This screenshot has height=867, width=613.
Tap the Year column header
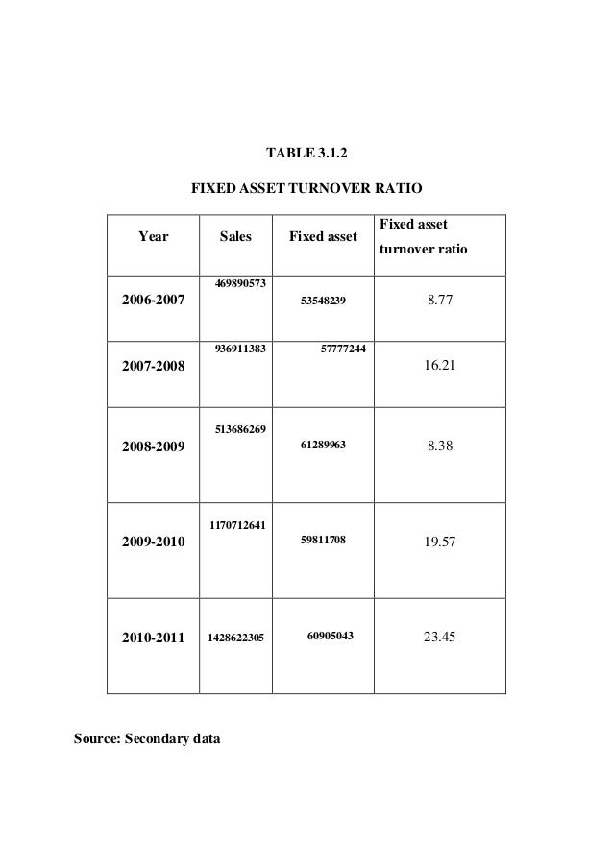[x=154, y=235]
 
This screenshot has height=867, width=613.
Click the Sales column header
[x=235, y=235]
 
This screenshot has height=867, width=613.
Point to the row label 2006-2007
[x=153, y=301]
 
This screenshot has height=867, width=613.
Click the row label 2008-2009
[x=153, y=446]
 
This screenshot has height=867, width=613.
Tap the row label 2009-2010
[x=153, y=542]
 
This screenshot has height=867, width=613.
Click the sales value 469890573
[x=235, y=284]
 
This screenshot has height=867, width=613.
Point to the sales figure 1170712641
[x=235, y=524]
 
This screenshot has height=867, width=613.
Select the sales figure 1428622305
[x=235, y=636]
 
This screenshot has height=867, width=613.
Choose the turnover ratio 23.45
[x=439, y=635]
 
